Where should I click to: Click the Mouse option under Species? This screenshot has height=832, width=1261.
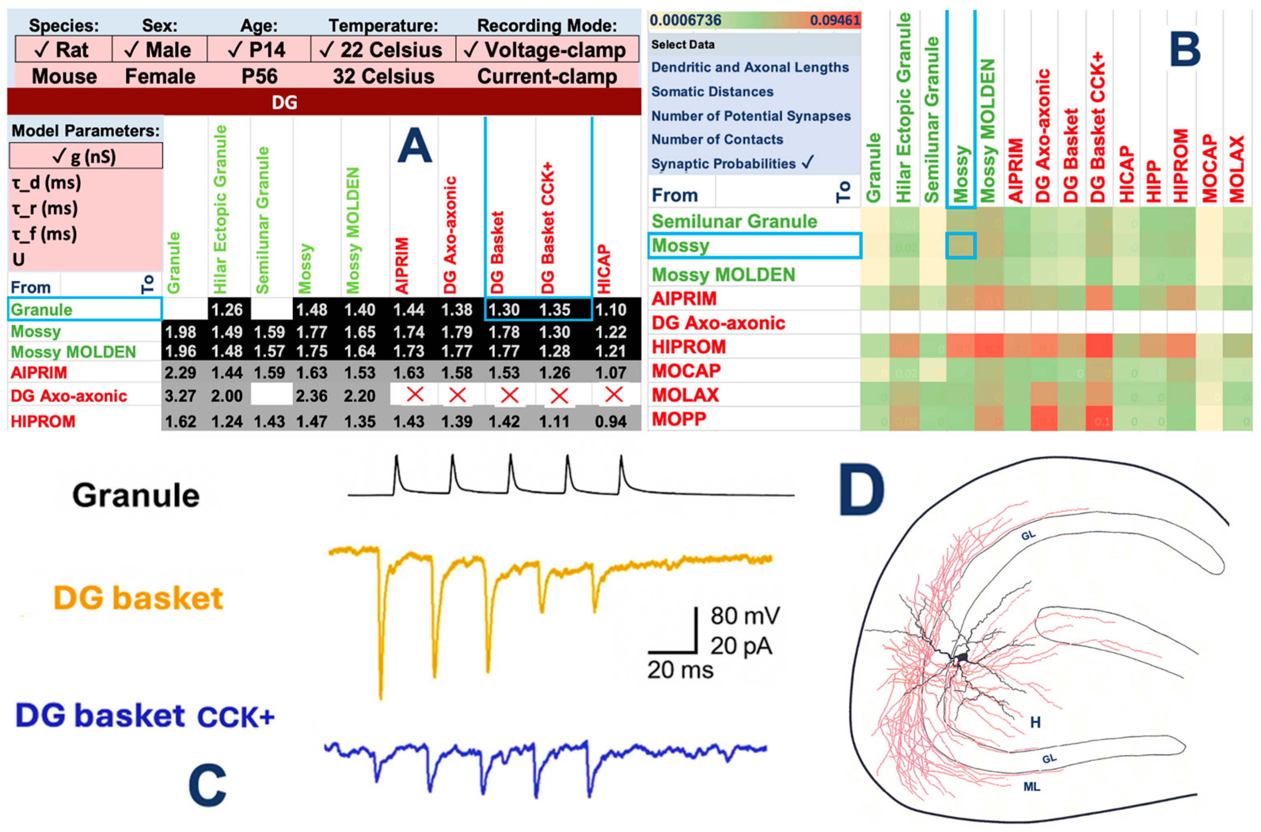(64, 76)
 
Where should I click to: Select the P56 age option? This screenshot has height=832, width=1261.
(259, 76)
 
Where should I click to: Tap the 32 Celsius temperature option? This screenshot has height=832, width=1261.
(383, 76)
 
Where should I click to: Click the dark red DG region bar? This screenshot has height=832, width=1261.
(324, 102)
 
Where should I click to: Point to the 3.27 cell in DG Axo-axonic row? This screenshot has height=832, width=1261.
(180, 396)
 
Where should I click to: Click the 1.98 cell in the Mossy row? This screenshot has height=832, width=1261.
(180, 332)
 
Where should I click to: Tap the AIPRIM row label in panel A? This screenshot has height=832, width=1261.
(39, 373)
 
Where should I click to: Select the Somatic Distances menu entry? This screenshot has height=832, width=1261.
(712, 92)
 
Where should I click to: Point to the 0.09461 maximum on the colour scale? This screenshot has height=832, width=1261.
(834, 21)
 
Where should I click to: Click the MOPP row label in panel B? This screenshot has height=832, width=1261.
(679, 419)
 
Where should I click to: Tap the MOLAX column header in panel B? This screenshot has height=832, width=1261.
(1236, 169)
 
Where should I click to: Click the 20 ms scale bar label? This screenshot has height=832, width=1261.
(680, 670)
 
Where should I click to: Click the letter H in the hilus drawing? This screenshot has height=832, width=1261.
(1035, 722)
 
